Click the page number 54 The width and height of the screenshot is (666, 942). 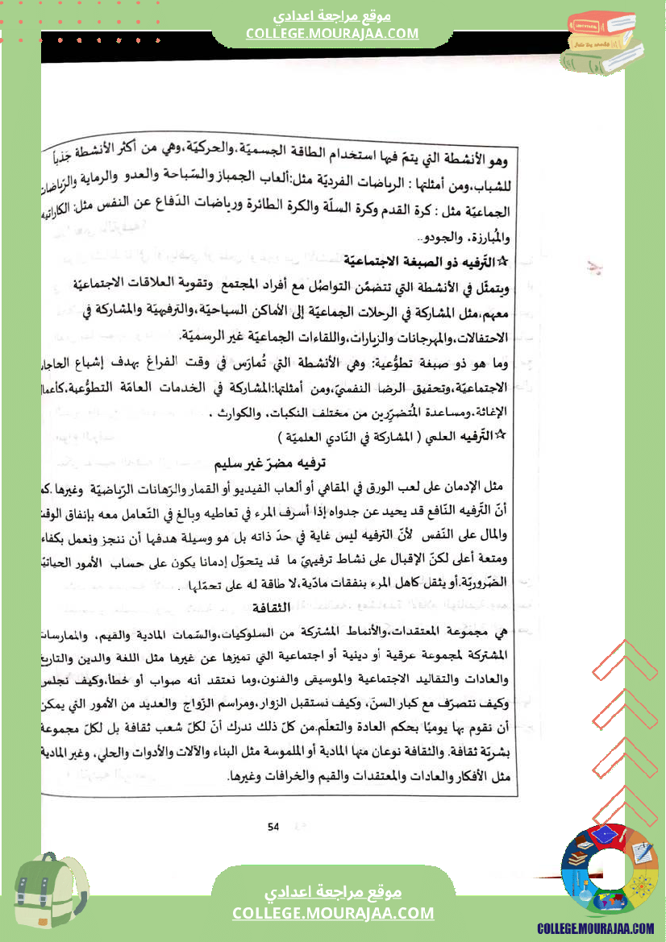tap(273, 803)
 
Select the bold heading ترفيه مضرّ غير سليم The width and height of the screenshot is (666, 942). tap(275, 465)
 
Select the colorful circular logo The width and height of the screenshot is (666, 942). tap(610, 873)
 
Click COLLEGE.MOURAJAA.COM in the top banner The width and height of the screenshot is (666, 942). tap(332, 33)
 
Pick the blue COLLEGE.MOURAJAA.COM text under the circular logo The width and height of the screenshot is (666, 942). tap(596, 929)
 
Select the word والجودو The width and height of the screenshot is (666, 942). tap(452, 237)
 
